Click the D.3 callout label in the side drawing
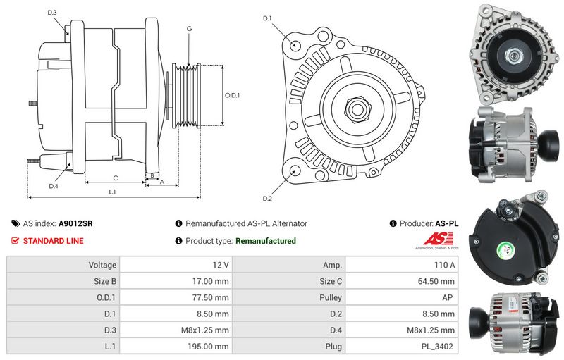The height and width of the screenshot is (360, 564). tap(52, 13)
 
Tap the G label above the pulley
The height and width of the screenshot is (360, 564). tap(189, 28)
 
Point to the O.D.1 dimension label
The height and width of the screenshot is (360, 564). tap(233, 95)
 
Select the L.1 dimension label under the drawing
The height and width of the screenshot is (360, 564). tap(113, 192)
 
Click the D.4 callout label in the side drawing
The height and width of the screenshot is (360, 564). tap(53, 186)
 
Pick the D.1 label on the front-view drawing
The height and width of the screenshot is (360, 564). tap(267, 18)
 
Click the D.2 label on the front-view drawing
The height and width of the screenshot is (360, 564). tap(267, 198)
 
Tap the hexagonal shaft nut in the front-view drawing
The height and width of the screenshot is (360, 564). tap(359, 109)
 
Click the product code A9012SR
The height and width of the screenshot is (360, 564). tap(75, 223)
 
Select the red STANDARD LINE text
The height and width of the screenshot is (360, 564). tap(53, 241)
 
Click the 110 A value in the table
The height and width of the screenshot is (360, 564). tap(446, 265)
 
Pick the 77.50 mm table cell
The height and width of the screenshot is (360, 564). tap(211, 297)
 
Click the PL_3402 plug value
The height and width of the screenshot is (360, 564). tap(439, 347)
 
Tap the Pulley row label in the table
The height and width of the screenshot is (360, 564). tap(331, 297)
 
